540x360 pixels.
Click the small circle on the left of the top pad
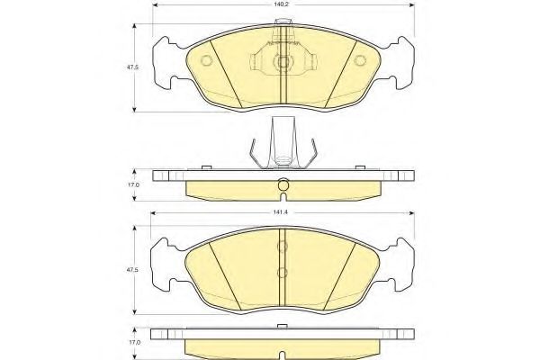[x=205, y=61]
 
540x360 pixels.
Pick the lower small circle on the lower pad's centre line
[x=283, y=273]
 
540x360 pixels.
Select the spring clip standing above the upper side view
[x=283, y=144]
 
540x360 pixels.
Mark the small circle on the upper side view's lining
[x=283, y=187]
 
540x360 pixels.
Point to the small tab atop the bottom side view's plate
[x=283, y=327]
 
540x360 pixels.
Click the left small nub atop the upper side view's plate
[x=206, y=167]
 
